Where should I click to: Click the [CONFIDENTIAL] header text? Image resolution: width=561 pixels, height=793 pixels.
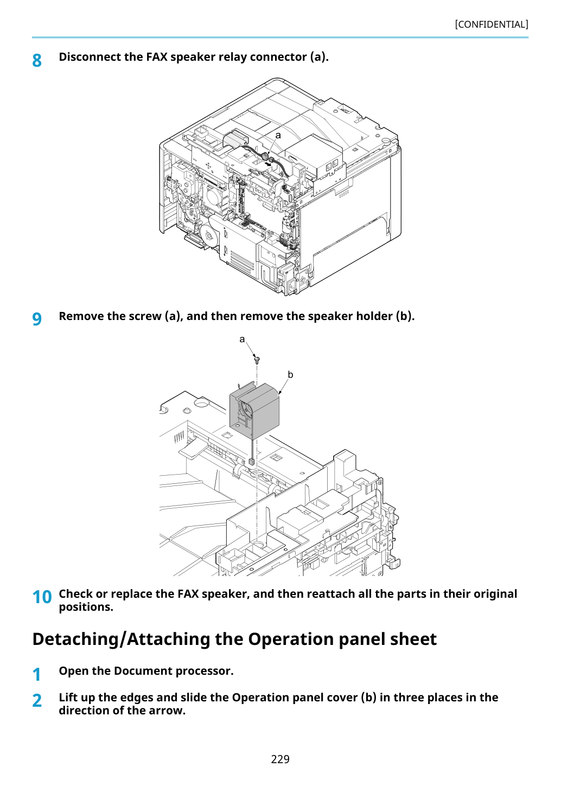pos(491,24)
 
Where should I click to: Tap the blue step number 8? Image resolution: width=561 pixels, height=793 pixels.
pos(37,61)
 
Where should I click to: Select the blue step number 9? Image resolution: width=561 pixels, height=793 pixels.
pos(37,319)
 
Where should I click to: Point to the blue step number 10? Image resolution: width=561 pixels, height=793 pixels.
pos(42,597)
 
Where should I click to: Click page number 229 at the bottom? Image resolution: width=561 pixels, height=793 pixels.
pos(280,759)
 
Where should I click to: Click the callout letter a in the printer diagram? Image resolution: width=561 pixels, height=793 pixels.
pos(278,135)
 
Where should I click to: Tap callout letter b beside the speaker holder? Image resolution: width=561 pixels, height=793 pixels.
pos(290,374)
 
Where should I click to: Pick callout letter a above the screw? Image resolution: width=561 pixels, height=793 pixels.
pos(242,339)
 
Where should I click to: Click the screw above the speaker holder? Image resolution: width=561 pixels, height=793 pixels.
pos(257,360)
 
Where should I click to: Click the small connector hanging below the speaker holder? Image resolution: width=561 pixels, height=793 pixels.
pos(252,461)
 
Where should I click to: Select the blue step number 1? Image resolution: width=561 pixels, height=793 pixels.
pos(37,674)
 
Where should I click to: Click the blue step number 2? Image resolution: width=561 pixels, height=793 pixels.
pos(37,701)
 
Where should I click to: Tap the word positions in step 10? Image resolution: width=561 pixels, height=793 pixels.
pos(86,607)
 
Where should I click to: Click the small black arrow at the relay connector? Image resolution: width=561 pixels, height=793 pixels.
pos(269,164)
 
